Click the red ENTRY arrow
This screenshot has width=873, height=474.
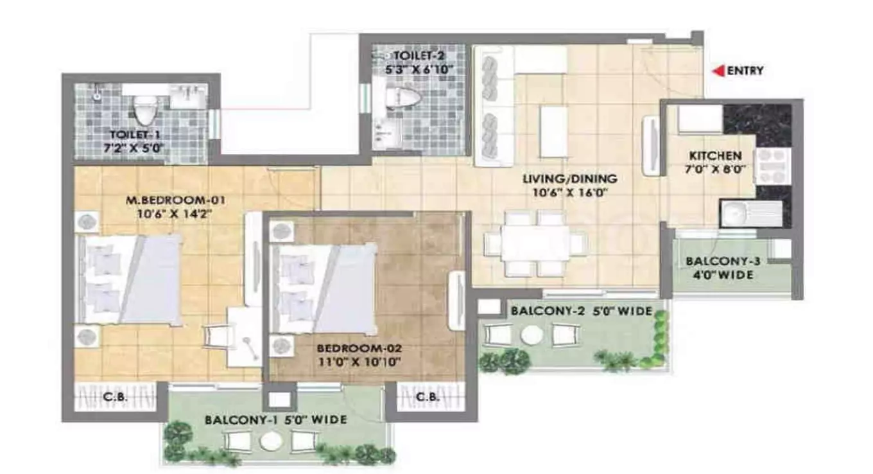click(719, 71)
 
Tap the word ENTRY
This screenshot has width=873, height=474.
click(745, 71)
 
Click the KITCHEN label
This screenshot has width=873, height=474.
click(715, 155)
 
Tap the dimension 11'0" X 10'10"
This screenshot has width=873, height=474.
click(358, 362)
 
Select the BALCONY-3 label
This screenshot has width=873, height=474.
click(719, 262)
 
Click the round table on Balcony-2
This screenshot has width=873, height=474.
click(532, 335)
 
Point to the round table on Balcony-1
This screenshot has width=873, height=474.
click(270, 441)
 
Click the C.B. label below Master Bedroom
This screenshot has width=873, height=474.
click(116, 397)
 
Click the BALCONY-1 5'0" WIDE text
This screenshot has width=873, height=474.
click(276, 420)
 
